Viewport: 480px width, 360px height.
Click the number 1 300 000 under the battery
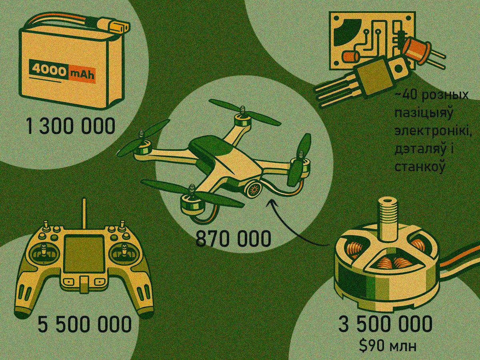(x=70, y=126)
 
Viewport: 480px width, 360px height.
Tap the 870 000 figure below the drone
(x=233, y=239)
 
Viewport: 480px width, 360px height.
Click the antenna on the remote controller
(x=84, y=213)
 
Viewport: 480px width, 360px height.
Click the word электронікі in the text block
(x=433, y=132)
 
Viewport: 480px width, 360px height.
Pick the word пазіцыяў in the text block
(x=423, y=114)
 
